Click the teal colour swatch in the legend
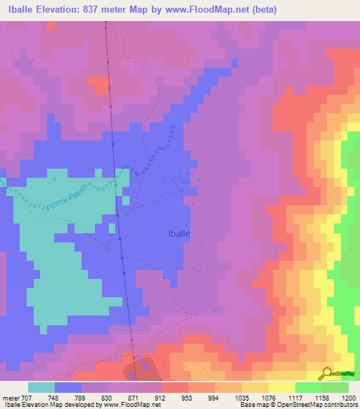pyautogui.click(x=41, y=387)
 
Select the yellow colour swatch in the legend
pyautogui.click(x=281, y=387)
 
